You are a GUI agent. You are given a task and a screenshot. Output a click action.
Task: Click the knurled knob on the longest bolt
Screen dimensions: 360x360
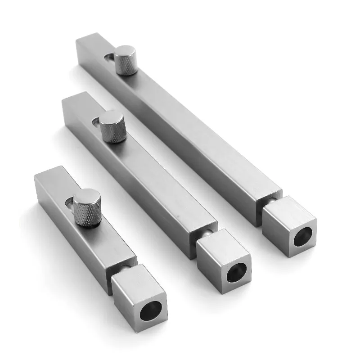pyautogui.click(x=126, y=61)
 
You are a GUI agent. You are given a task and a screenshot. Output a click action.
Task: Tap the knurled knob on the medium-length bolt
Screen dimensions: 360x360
pyautogui.click(x=112, y=127)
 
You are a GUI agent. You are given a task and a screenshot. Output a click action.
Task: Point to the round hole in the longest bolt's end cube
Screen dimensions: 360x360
pyautogui.click(x=303, y=236)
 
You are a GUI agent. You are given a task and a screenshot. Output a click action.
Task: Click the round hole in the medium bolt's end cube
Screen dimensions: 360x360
pyautogui.click(x=236, y=272)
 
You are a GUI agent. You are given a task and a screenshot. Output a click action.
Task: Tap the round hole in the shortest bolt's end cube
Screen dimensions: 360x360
pyautogui.click(x=150, y=310)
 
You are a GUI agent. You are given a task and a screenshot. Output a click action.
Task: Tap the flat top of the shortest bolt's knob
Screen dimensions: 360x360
pyautogui.click(x=87, y=198)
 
